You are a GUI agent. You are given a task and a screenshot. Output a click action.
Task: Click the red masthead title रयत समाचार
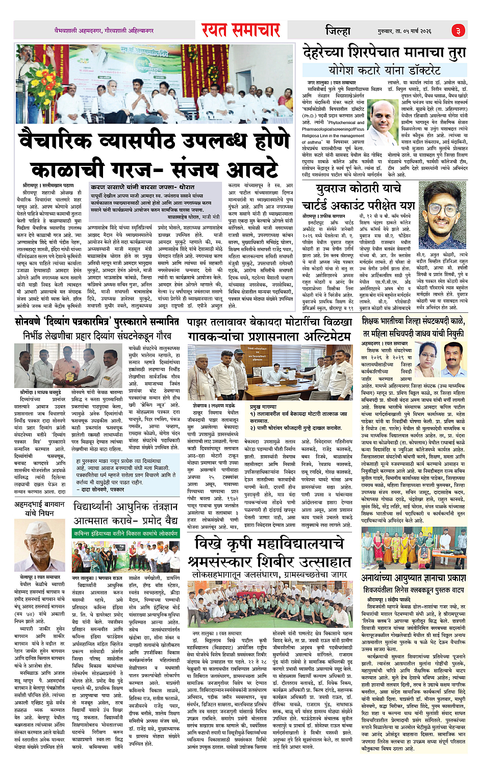[240, 31]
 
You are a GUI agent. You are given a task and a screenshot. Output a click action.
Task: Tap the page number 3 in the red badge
[458, 31]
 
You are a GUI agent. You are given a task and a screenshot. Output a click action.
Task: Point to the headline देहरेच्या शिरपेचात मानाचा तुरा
[384, 52]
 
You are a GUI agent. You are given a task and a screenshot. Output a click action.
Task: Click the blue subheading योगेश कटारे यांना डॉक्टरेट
[384, 69]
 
